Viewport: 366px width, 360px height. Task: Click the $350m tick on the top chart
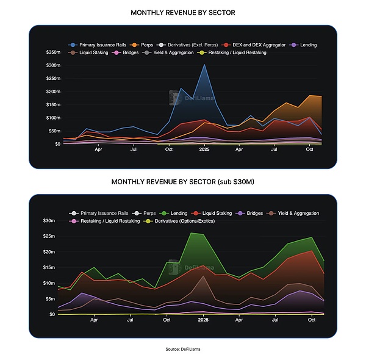coord(53,52)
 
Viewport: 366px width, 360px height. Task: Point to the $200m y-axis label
coord(53,92)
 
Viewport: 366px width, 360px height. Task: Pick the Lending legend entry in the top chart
coord(304,45)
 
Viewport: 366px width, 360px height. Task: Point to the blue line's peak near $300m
coord(204,65)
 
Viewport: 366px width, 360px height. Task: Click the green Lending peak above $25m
coord(192,233)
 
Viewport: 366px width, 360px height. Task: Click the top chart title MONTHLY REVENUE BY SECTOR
coord(183,12)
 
